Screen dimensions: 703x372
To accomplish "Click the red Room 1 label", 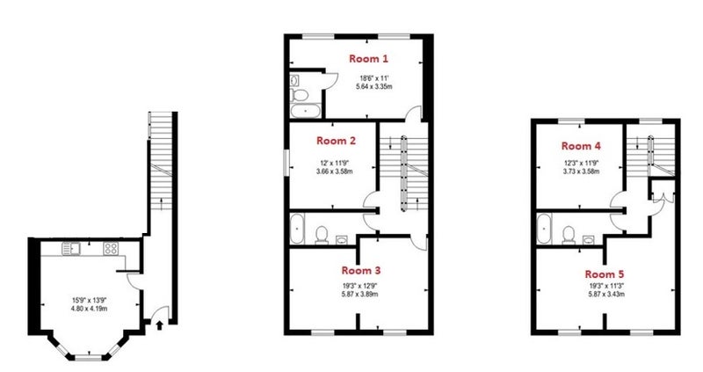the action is point(368,58).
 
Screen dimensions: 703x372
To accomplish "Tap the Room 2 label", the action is point(336,141).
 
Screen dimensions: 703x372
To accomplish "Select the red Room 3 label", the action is point(361,270).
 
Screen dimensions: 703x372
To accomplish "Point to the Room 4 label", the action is point(581,146).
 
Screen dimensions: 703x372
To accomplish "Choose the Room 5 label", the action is point(605,274).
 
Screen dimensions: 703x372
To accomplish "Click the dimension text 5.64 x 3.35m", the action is point(374,86).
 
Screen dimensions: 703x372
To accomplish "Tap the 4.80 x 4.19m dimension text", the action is point(90,309).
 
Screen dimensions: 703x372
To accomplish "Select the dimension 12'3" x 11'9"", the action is point(581,164).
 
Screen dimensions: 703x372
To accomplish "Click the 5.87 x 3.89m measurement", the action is point(359,295).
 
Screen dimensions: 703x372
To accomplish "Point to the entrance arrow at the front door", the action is point(159,325).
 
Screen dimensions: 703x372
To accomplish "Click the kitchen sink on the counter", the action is point(70,248).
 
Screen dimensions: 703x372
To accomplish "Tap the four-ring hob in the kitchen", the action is point(111,248).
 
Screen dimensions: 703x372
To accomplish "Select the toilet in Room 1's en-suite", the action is point(299,95).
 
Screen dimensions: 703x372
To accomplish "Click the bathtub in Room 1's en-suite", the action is point(305,111).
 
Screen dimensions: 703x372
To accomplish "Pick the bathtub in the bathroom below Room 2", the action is point(297,229).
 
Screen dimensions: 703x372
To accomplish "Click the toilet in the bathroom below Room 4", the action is point(569,235).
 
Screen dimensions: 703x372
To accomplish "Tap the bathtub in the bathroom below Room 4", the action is point(545,230).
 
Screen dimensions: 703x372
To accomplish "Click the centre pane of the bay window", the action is point(89,358).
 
